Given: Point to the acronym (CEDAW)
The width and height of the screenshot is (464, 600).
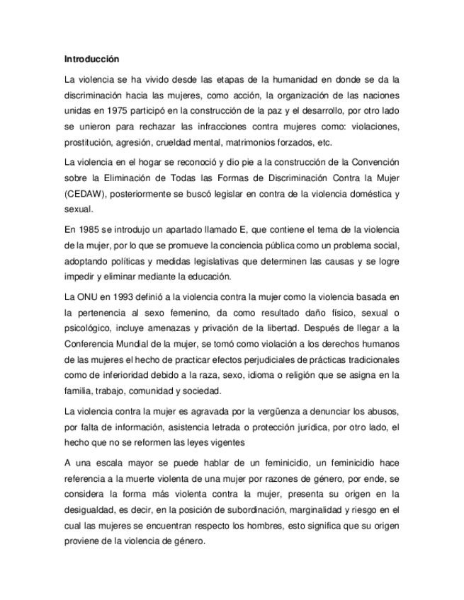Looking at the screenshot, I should click(86, 193).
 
